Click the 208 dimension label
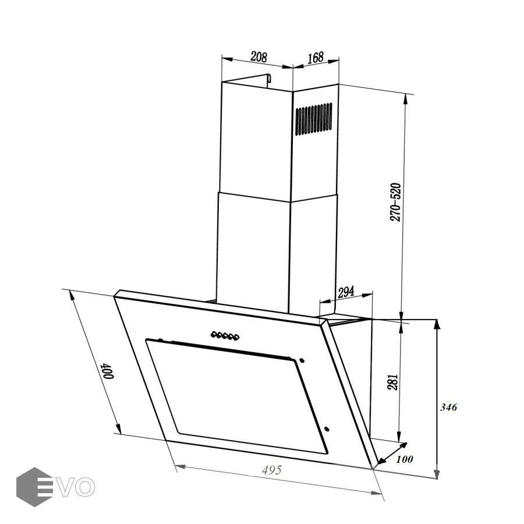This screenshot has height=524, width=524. [x=259, y=57]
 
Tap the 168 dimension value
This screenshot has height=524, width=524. [x=316, y=57]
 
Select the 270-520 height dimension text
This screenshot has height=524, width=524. [x=395, y=202]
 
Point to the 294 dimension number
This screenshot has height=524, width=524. [x=346, y=292]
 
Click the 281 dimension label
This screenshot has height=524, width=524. [x=392, y=381]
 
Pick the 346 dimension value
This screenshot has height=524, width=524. [x=448, y=407]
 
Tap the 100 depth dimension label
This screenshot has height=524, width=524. [x=405, y=459]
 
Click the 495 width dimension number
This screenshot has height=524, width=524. [x=272, y=470]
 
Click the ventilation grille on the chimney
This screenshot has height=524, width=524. [x=313, y=119]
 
